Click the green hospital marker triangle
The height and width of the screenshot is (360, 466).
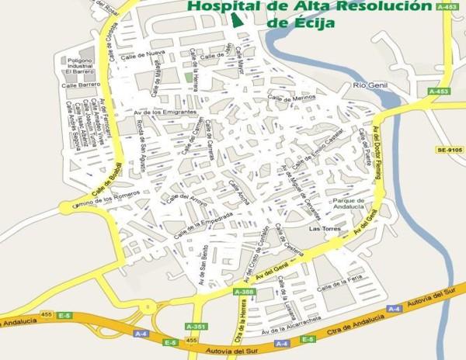(x=238, y=19)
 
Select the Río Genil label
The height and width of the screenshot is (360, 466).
(x=370, y=85)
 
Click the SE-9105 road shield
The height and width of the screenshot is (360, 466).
(x=449, y=148)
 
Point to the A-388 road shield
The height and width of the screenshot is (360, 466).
(x=243, y=292)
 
